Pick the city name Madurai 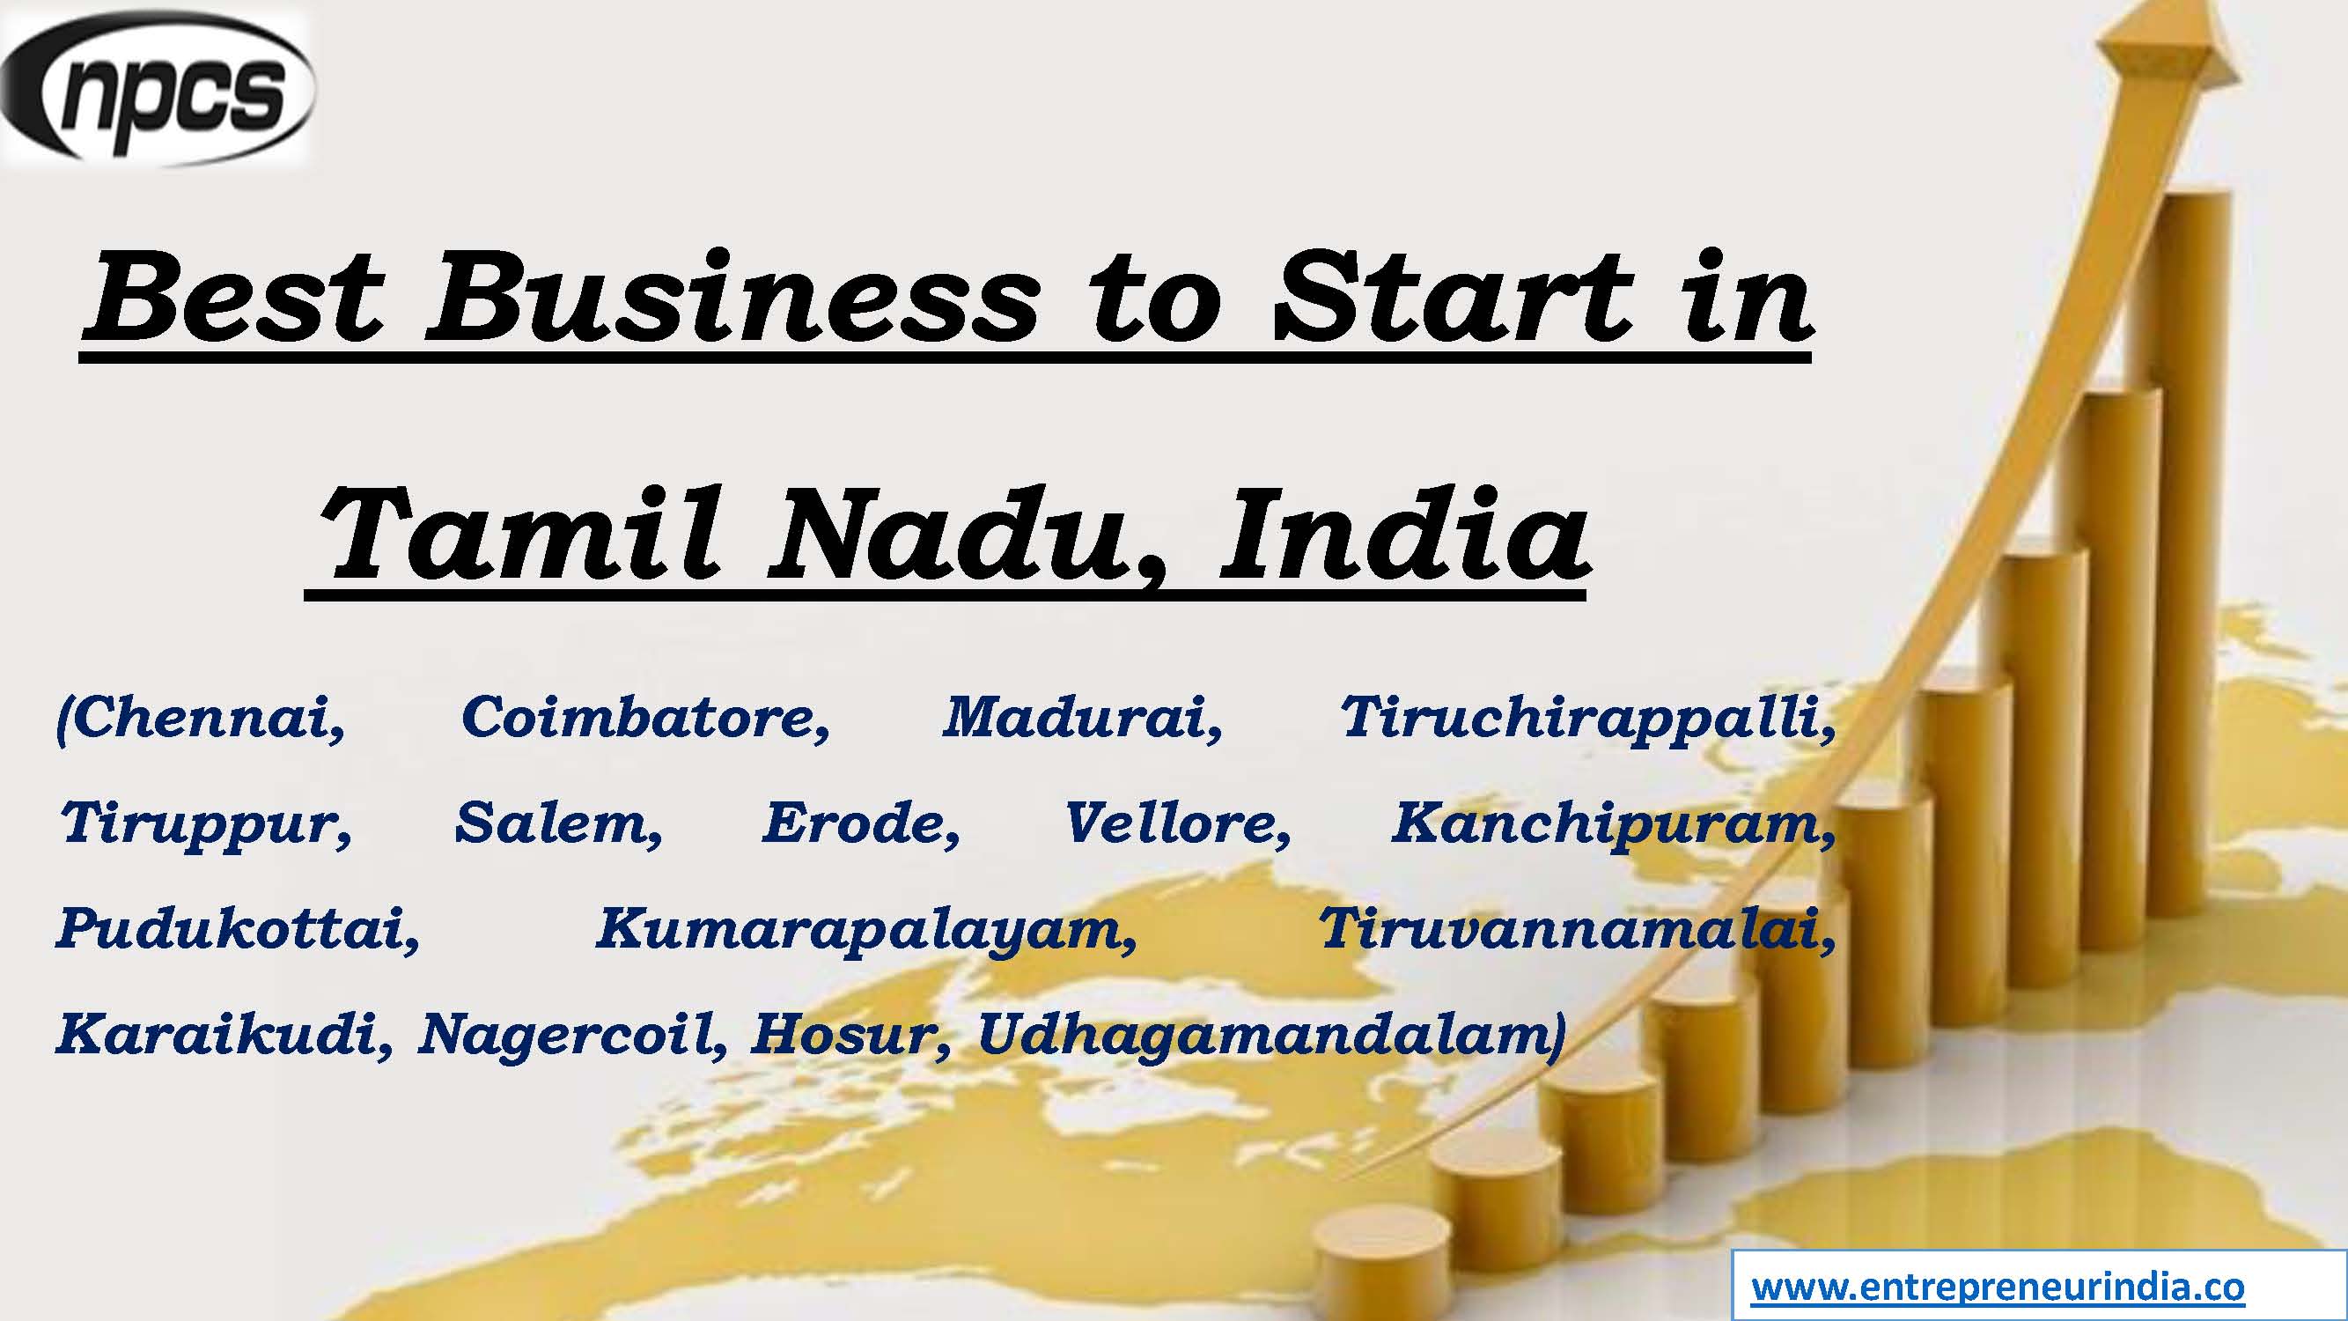pos(1081,720)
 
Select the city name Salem pos(557,824)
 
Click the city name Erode pos(859,824)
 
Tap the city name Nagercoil pos(571,1036)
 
